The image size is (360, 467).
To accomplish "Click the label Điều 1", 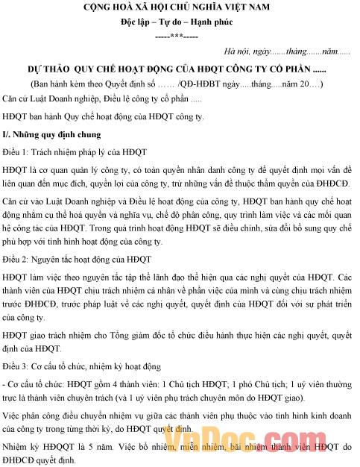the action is [x=16, y=151].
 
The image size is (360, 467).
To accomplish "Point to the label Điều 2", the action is [x=16, y=259].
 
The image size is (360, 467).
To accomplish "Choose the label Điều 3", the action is [x=16, y=366].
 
